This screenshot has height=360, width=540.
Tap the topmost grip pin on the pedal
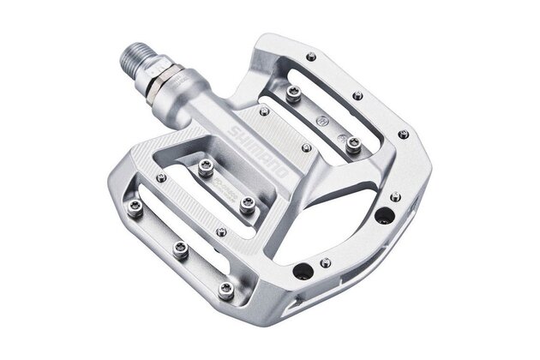[309, 57]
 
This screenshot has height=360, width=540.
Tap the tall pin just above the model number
[206, 169]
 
